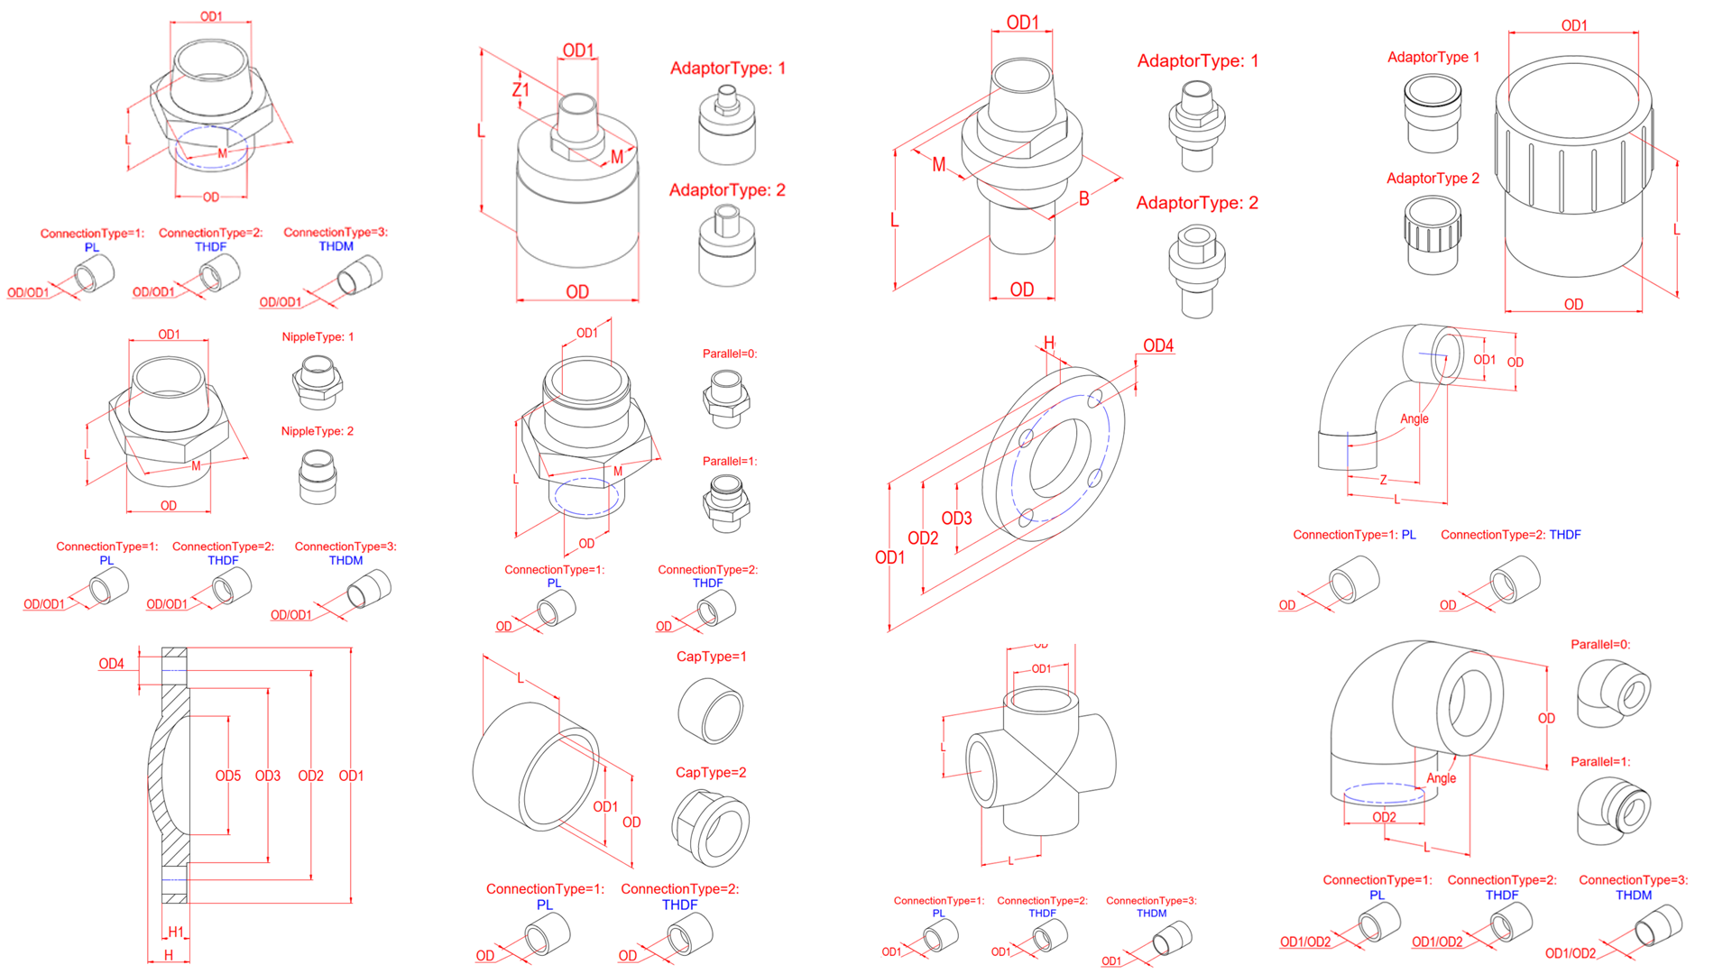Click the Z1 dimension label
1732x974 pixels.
point(521,90)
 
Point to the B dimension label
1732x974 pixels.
point(1083,199)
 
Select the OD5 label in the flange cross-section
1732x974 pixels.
point(227,776)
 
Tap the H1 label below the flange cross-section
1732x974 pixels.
point(176,932)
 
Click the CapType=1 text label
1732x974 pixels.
point(711,657)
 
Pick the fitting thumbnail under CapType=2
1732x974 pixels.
point(711,827)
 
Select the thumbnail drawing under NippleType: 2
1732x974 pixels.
point(317,476)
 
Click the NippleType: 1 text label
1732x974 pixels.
point(318,336)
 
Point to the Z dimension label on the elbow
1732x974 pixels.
point(1383,480)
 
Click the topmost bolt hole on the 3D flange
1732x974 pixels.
point(1096,396)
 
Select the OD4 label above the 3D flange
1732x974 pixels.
point(1158,345)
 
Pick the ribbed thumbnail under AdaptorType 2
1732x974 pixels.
point(1433,234)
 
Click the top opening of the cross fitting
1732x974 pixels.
point(1040,700)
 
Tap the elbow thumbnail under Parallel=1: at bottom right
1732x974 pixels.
point(1615,811)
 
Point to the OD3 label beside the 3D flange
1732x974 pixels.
point(956,519)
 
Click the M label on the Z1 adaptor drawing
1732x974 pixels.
point(617,157)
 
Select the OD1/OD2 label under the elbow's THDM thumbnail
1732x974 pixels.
point(1570,953)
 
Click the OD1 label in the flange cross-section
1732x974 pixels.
point(351,776)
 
